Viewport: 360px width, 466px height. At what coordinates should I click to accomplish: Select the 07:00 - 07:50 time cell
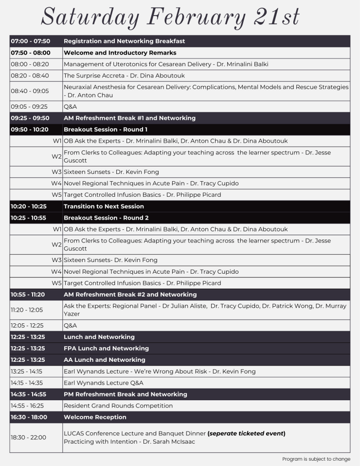point(30,41)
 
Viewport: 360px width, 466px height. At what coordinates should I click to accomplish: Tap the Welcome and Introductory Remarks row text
point(120,53)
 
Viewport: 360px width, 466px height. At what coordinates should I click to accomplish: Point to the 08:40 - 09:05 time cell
point(30,91)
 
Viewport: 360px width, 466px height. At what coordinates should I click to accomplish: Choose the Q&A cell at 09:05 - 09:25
point(71,107)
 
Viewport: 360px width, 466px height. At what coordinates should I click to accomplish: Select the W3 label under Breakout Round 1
point(57,172)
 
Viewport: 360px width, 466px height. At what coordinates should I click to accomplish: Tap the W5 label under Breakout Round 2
point(57,283)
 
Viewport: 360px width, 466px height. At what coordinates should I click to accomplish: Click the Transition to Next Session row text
point(104,206)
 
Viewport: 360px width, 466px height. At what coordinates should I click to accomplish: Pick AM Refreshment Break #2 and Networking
point(130,295)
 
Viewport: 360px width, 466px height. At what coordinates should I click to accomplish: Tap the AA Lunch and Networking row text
point(104,360)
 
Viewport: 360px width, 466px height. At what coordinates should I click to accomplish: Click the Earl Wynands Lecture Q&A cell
point(103,383)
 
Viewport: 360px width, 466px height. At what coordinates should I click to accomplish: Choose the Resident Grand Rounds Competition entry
point(118,406)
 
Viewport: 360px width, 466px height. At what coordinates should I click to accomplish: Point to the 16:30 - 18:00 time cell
point(29,417)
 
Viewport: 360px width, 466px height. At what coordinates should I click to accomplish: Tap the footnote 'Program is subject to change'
point(316,459)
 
